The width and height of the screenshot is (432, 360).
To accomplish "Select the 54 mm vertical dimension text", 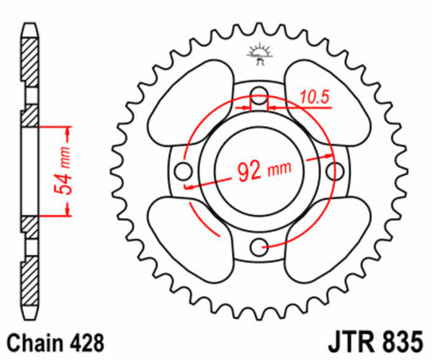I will tap(63, 171).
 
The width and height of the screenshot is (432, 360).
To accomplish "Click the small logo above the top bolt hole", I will tap(258, 55).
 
